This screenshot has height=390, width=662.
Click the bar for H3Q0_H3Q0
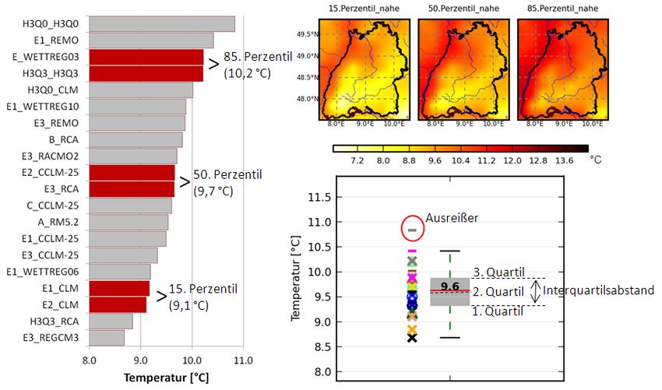click(162, 24)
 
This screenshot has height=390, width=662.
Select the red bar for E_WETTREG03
click(146, 57)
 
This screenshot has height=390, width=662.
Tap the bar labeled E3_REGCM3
click(107, 337)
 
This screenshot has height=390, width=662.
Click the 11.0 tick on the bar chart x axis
click(242, 360)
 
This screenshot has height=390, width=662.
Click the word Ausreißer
click(452, 219)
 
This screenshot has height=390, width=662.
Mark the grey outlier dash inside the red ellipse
click(413, 230)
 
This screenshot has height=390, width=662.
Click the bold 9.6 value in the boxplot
click(449, 286)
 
